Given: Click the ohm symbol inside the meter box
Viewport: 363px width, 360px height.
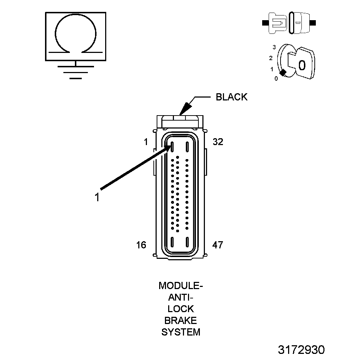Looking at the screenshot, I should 75,36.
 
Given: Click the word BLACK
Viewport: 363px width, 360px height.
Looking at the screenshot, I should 232,97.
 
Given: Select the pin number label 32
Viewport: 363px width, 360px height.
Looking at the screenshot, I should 218,142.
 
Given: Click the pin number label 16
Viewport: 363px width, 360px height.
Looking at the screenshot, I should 141,245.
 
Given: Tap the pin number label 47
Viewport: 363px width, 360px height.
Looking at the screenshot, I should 218,245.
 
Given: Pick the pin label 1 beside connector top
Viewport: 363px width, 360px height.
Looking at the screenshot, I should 145,142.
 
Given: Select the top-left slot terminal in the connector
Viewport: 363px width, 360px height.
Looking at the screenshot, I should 172,147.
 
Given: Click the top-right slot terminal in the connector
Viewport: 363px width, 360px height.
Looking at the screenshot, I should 187,147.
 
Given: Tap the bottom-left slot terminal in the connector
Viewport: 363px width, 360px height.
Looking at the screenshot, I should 172,242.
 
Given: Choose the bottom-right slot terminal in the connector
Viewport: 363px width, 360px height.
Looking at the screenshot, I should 187,242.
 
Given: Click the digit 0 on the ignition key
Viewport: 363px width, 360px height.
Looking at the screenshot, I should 302,65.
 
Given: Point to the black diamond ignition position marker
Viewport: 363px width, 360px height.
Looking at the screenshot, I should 283,72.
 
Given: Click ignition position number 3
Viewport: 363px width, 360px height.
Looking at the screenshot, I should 274,47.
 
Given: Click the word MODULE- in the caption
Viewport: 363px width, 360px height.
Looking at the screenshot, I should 181,286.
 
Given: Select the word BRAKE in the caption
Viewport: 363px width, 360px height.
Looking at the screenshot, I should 181,320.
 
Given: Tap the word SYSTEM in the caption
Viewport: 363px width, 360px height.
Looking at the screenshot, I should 181,332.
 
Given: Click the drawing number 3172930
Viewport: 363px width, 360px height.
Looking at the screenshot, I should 301,350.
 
